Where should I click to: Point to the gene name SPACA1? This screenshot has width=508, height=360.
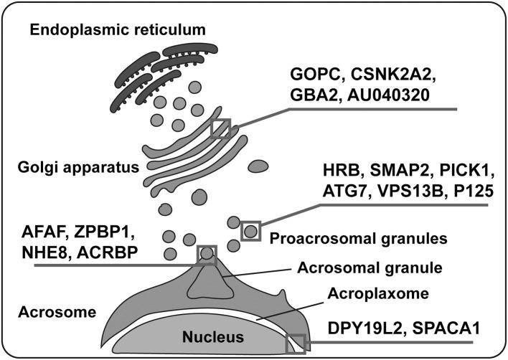point(443,330)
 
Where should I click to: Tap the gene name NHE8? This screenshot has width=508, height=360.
point(49,254)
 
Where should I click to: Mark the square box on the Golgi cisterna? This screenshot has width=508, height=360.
point(220,128)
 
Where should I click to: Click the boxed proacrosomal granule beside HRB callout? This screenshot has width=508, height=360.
point(250,231)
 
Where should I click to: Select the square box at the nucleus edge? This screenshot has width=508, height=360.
point(296,344)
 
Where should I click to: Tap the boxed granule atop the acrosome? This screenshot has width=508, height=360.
point(207,254)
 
